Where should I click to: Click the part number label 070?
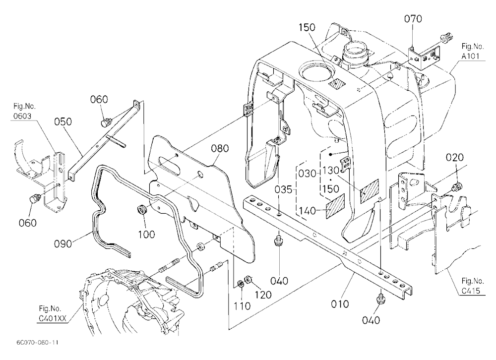pos(413,19)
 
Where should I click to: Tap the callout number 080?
pos(220,148)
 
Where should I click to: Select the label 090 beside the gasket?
pos(63,244)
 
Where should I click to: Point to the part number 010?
pos(340,304)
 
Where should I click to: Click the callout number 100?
pos(146,235)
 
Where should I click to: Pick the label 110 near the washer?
pos(242,306)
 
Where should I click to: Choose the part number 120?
pos(263,295)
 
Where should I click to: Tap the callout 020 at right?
pos(455,158)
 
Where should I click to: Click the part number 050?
pos(63,122)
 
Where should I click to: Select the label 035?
pos(283,189)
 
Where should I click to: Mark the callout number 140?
pos(307,210)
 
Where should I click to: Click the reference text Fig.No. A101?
pos(472,51)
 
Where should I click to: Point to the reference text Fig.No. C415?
pos(473,286)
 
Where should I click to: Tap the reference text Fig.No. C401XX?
pos(53,313)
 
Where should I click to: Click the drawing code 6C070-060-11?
pos(38,342)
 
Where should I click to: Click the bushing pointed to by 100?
pos(142,209)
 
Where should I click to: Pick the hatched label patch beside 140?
pos(335,206)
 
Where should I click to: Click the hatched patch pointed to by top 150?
pos(337,83)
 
